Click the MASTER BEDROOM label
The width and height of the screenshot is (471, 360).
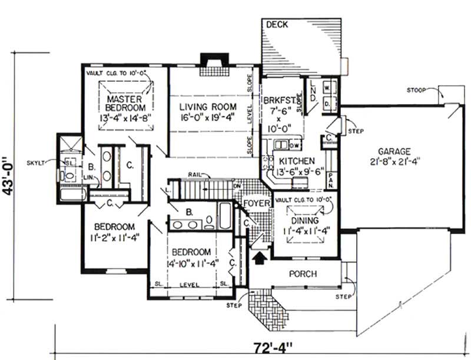(125, 104)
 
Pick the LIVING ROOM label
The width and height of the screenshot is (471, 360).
(208, 106)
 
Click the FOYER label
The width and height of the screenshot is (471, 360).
(257, 204)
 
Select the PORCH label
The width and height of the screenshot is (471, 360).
(303, 274)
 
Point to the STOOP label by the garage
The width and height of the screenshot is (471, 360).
(417, 89)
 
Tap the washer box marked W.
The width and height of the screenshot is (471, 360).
(327, 86)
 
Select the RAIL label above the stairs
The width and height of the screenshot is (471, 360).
(196, 175)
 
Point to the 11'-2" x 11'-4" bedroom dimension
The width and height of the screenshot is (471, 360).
(114, 232)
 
